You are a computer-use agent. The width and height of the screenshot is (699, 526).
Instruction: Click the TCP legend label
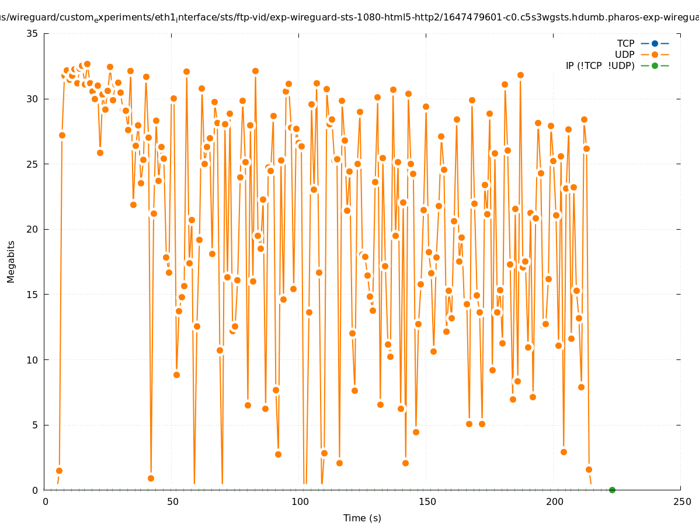click(x=625, y=43)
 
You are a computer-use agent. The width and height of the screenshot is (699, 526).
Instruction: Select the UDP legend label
click(x=625, y=54)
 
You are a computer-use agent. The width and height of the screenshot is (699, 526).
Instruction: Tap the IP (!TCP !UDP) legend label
click(x=600, y=65)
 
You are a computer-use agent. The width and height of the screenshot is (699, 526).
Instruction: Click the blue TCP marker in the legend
click(x=655, y=43)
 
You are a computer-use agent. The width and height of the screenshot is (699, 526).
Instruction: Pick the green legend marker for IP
click(x=655, y=65)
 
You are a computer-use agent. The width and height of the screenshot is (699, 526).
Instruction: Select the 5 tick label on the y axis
click(x=36, y=425)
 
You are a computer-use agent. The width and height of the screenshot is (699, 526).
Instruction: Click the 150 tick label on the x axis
click(x=427, y=501)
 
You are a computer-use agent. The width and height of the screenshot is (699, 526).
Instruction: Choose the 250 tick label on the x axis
click(x=681, y=501)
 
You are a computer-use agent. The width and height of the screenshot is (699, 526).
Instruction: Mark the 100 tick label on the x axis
click(x=300, y=501)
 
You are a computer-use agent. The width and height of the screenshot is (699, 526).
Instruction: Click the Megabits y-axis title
click(x=11, y=261)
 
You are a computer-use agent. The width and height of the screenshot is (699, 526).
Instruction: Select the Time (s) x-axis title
click(x=362, y=518)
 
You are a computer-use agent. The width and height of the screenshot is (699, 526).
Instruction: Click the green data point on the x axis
click(x=612, y=490)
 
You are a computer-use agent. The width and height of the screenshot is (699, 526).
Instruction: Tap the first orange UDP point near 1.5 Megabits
click(x=59, y=470)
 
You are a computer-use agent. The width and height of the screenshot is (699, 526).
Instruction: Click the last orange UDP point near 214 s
click(x=589, y=469)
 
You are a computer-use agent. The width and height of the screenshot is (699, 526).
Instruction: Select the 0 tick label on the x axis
click(x=46, y=501)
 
